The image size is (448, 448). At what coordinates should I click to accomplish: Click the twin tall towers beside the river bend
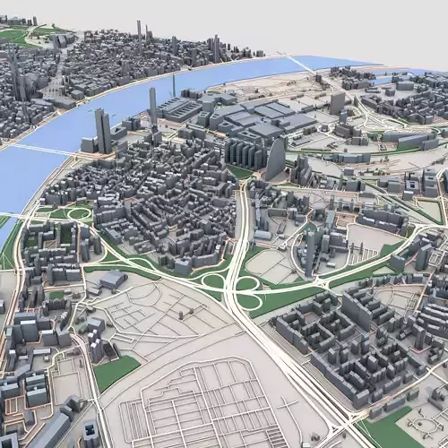(x=103, y=131)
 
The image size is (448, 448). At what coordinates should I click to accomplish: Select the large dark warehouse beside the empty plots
(x=113, y=280)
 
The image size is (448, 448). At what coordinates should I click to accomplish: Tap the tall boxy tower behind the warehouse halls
(x=337, y=103)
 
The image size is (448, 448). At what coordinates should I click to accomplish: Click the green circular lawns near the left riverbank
(x=72, y=213)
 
